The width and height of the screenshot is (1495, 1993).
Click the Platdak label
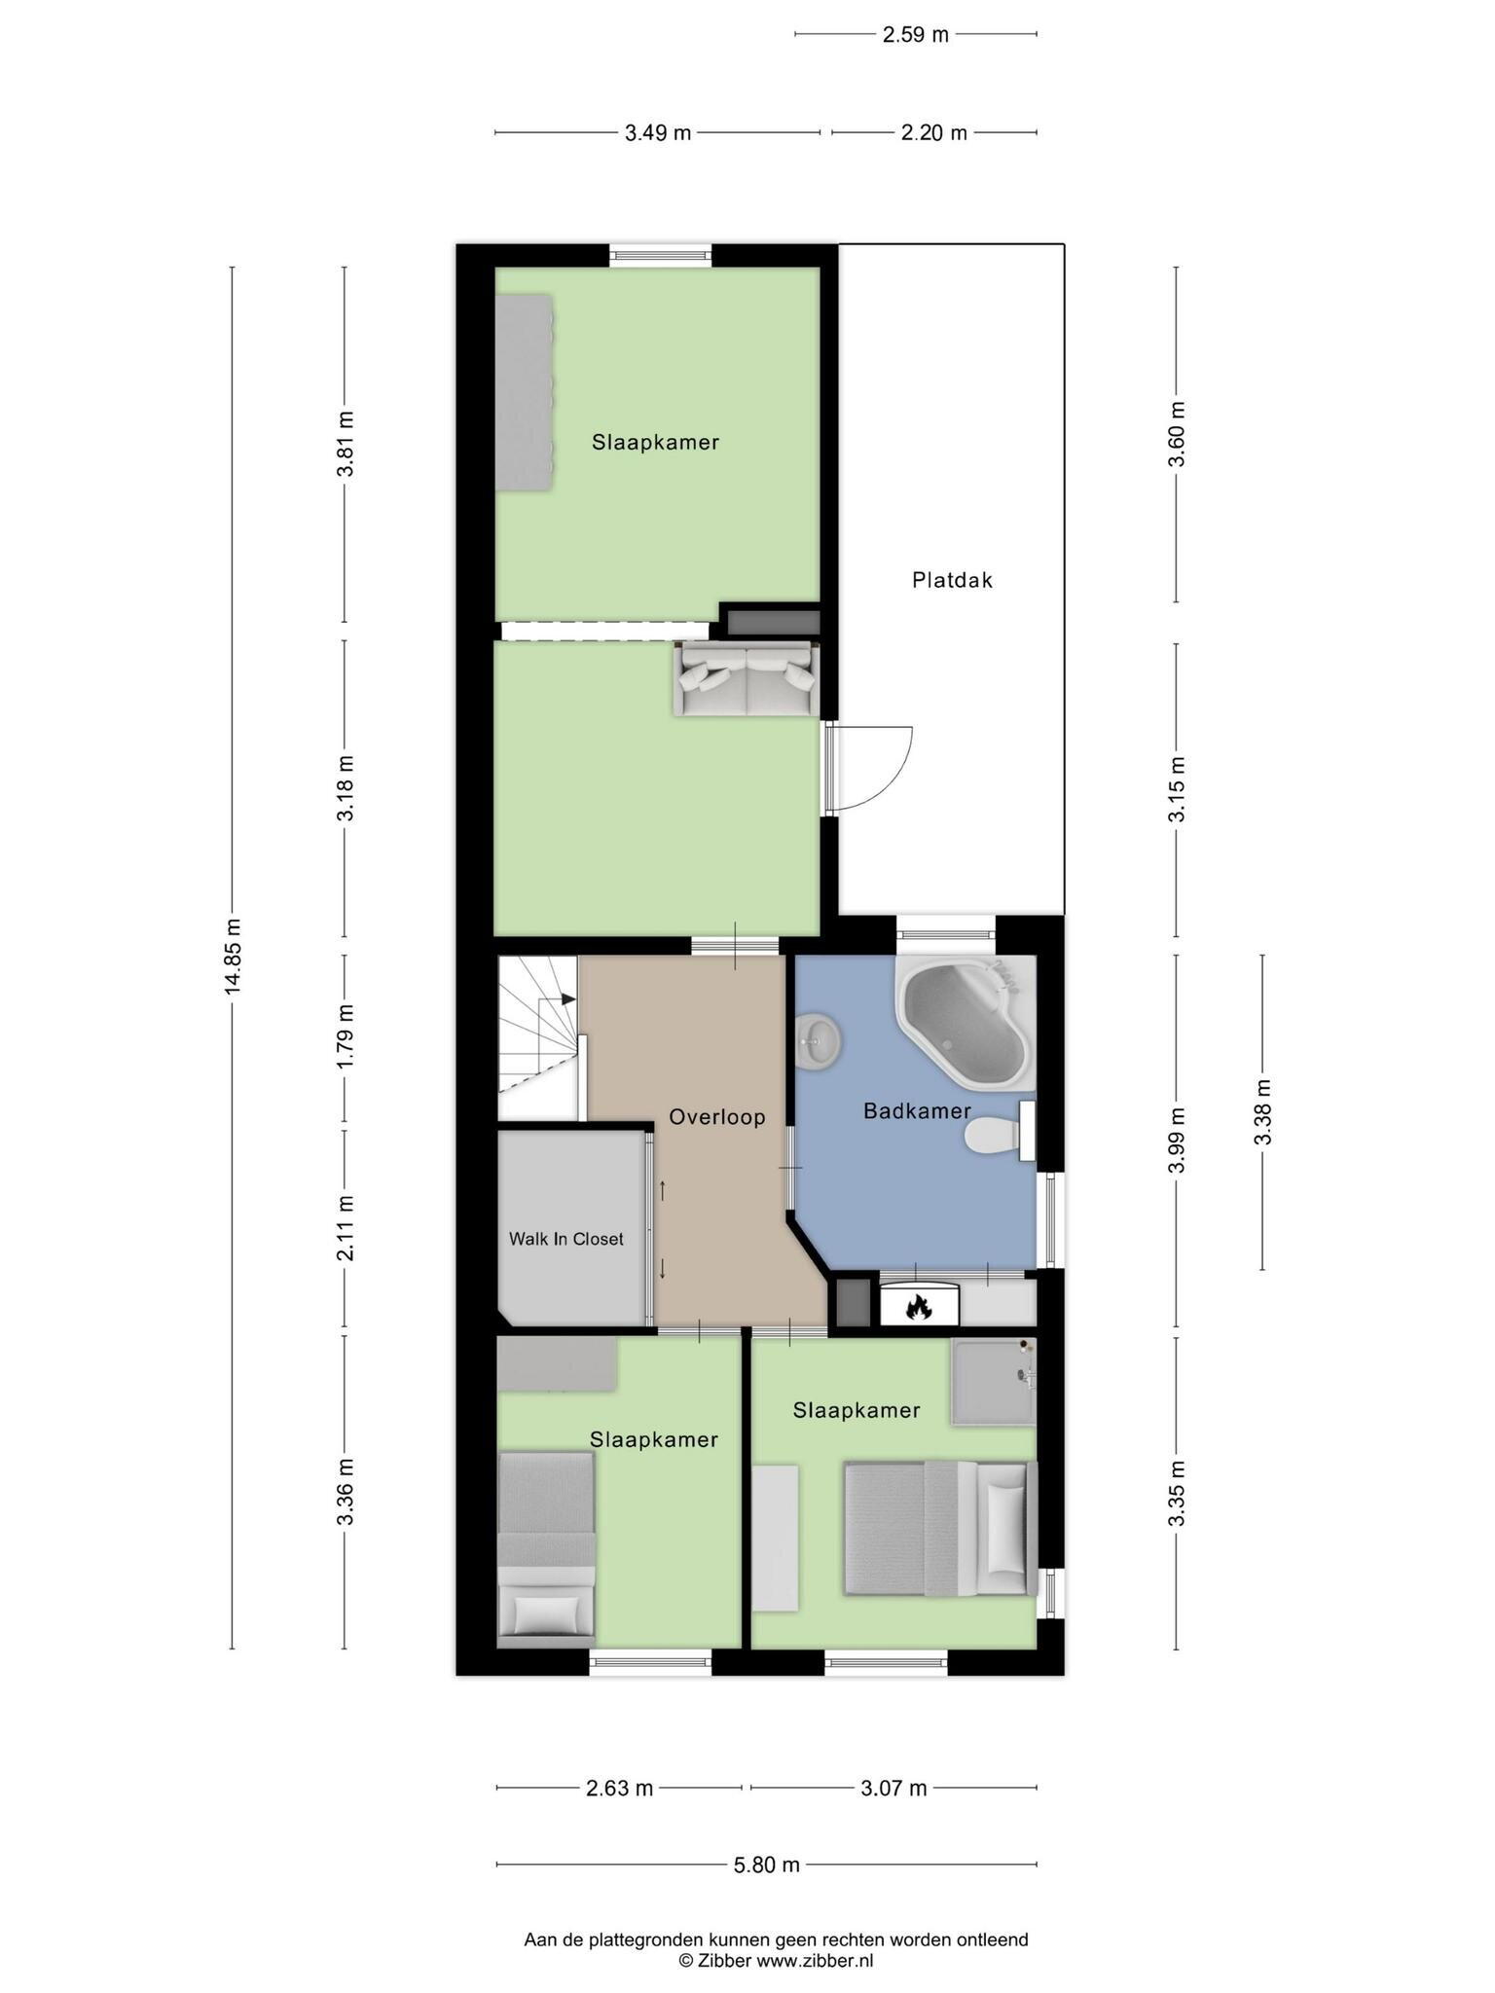coord(952,580)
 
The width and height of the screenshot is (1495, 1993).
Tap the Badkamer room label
coord(917,1110)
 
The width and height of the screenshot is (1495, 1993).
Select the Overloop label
coord(716,1117)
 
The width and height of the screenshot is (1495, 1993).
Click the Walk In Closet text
coord(566,1239)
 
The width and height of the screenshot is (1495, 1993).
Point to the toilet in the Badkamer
coord(993,1135)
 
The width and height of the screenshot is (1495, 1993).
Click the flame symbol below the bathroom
coord(916,1307)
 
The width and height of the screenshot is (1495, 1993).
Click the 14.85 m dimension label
coord(233,956)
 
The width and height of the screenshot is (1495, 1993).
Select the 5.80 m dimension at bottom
coord(766,1865)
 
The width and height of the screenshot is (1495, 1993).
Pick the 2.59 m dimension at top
coord(915,35)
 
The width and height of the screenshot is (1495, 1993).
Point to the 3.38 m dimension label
coord(1262,1112)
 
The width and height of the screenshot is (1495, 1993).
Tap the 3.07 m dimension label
coord(893,1788)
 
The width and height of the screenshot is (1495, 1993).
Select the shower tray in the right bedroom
coord(992,1381)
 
